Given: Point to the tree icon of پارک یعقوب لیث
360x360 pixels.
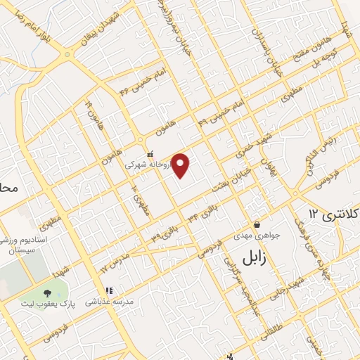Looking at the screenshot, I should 47,292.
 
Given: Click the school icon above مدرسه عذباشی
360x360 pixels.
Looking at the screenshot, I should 109,290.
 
